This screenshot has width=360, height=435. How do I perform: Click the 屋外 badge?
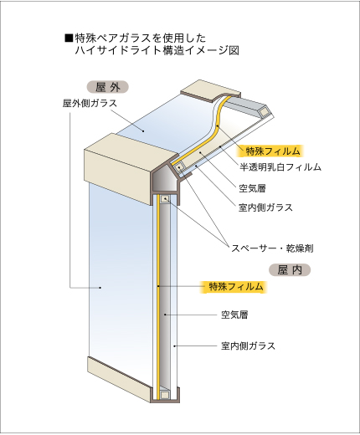coord(108,87)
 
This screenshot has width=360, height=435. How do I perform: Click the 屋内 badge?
coord(290,269)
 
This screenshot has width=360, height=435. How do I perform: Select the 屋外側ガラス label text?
coord(90,104)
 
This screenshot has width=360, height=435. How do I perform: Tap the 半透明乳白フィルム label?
coord(280,167)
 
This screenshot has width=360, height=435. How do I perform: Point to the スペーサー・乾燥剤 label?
coord(272,248)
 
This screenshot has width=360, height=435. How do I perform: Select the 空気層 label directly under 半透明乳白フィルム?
coord(252,188)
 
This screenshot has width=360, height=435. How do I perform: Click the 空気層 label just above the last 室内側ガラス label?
coord(234,315)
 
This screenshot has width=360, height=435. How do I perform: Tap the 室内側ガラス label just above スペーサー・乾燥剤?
coord(265,207)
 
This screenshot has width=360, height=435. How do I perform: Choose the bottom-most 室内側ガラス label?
coord(248,346)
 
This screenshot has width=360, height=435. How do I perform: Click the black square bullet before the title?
coord(69,38)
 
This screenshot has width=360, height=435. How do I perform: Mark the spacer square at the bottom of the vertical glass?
coord(165,395)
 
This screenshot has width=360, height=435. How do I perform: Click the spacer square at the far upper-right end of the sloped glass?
coord(263,112)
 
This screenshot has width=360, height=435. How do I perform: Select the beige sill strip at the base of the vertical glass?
coord(119,377)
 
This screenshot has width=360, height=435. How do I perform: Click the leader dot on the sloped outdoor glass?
coord(143,130)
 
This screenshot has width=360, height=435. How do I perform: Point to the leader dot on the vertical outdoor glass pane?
coord(100,287)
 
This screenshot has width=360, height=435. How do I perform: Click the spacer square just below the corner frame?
coord(166,199)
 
